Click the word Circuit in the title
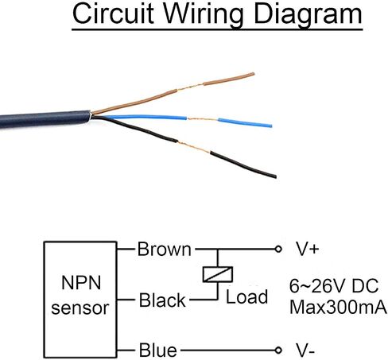click(x=113, y=14)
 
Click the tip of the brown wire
click(x=254, y=74)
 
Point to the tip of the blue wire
click(x=271, y=126)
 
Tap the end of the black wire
click(x=275, y=176)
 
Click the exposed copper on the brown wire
click(x=189, y=87)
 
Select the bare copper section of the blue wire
click(x=203, y=119)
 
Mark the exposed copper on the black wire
click(x=193, y=147)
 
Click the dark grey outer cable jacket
click(x=45, y=119)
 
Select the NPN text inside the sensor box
click(x=81, y=283)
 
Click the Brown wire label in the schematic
click(x=164, y=250)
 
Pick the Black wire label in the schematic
click(x=162, y=300)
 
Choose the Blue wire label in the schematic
click(x=158, y=350)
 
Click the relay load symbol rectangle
click(x=218, y=274)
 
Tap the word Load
click(x=246, y=297)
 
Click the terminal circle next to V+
click(x=278, y=249)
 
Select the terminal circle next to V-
click(x=278, y=350)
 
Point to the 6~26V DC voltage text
click(x=334, y=286)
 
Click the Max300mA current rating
click(x=338, y=308)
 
